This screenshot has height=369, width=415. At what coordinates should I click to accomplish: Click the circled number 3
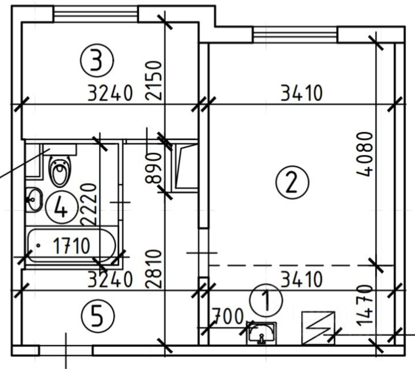click(97, 61)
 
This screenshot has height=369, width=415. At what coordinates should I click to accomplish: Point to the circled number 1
click(266, 300)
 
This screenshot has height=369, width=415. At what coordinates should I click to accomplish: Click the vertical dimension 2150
click(154, 80)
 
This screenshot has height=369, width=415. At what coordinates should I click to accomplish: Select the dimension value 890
click(154, 168)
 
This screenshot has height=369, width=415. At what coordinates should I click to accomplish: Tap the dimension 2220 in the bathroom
click(88, 205)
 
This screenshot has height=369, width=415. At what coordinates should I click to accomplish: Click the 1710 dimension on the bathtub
click(72, 246)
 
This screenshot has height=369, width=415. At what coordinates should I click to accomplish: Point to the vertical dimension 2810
click(154, 269)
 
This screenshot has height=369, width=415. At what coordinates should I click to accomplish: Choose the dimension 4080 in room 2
click(365, 155)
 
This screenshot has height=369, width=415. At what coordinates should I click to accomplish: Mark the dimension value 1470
click(365, 306)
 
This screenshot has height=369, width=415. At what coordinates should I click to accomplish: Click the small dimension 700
click(228, 316)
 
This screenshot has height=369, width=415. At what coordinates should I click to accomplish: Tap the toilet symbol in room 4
click(61, 171)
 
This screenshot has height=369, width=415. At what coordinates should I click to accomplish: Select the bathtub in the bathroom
click(71, 246)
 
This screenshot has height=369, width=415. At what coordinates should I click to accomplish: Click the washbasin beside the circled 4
click(34, 200)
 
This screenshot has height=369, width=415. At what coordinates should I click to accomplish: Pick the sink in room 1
click(261, 333)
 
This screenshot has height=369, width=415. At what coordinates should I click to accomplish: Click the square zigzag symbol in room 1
click(318, 328)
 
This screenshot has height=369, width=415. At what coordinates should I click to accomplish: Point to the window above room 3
click(95, 14)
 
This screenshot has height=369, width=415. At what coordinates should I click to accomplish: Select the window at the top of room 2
click(295, 34)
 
